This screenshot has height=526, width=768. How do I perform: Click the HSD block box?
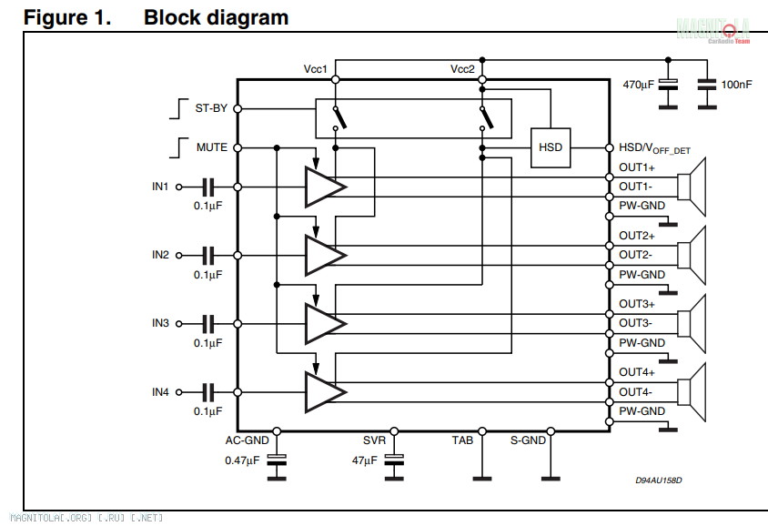(x=551, y=147)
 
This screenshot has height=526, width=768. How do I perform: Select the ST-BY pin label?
(x=211, y=108)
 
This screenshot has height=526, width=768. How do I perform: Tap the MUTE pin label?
(x=212, y=147)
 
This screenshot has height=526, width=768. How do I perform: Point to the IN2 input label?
(x=160, y=255)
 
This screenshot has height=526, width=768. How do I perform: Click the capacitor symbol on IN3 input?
(x=208, y=323)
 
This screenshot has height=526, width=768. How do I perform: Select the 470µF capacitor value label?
(x=639, y=85)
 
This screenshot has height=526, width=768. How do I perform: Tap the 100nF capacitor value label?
(x=736, y=85)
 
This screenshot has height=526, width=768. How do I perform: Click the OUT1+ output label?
(x=637, y=167)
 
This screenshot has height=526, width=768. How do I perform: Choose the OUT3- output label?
(x=635, y=323)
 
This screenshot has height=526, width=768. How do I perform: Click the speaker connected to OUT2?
(x=698, y=255)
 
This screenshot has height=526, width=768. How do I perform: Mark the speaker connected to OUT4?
(x=698, y=391)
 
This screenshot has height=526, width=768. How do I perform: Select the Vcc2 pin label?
(x=462, y=69)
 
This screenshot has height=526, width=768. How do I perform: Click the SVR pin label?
(x=374, y=440)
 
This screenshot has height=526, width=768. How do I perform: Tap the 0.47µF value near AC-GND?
(x=242, y=460)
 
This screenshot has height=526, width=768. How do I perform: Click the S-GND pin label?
(x=528, y=440)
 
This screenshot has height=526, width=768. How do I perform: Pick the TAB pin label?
(x=462, y=440)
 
